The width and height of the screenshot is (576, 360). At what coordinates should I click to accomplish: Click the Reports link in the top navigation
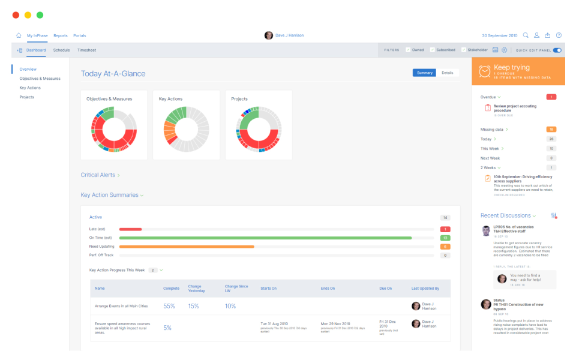pos(60,35)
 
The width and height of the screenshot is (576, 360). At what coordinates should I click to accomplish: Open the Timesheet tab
pos(86,50)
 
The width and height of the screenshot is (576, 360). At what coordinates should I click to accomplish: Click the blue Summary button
pos(424,73)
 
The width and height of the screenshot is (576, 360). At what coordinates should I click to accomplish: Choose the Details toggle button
pos(448,73)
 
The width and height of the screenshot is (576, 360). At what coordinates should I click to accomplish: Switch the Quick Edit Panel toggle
pos(557,50)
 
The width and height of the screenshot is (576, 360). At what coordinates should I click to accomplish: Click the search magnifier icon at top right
pos(526,35)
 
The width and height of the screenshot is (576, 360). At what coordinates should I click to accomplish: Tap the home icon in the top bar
pos(19,35)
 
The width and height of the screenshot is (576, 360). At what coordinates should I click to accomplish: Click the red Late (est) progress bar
pos(130,229)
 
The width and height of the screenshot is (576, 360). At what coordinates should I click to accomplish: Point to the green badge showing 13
pos(445,238)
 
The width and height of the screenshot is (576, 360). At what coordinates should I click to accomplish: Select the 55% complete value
pos(169,306)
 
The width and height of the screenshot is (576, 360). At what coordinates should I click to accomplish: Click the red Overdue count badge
pos(551,97)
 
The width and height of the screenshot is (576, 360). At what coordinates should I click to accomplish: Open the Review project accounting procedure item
pos(514,108)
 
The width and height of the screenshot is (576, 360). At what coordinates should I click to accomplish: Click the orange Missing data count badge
pos(551,129)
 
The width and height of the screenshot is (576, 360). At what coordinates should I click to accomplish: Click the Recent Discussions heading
pos(506,215)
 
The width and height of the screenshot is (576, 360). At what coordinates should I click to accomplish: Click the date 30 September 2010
pos(499,35)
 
